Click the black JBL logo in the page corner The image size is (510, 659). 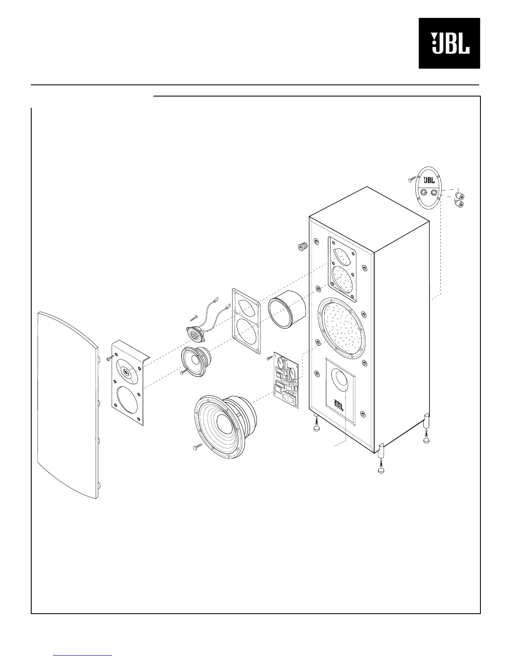(449, 43)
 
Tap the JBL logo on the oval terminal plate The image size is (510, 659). (429, 180)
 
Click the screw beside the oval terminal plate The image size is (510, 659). (412, 180)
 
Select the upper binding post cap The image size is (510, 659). (460, 196)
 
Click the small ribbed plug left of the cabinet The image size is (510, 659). (302, 247)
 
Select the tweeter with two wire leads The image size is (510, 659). (194, 334)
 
